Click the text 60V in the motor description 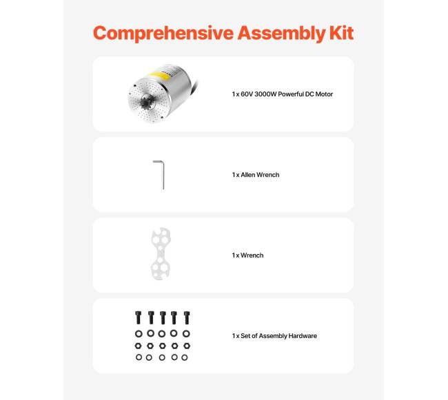(247, 94)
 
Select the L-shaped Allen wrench (160, 174)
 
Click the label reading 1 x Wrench (247, 255)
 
